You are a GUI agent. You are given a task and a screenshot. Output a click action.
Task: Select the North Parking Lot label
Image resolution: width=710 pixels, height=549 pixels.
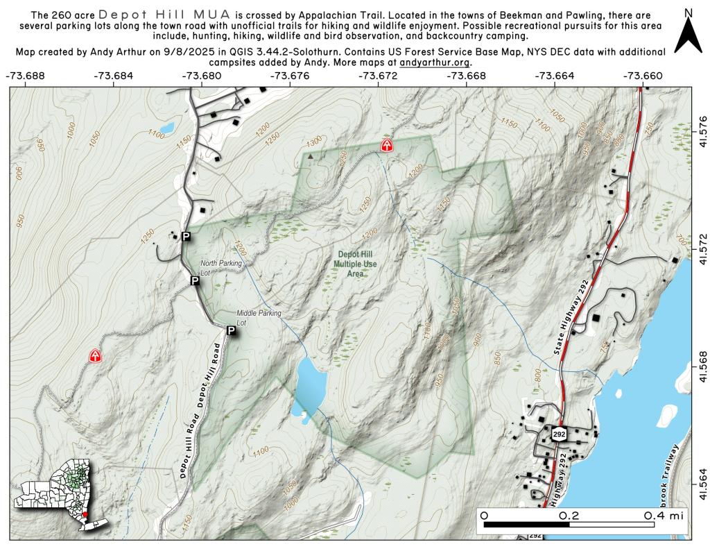tap(221, 268)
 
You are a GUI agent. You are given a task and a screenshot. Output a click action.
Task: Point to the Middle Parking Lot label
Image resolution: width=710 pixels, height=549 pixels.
tap(259, 318)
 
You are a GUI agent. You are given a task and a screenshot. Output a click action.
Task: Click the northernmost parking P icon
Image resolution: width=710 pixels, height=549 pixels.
tap(185, 237)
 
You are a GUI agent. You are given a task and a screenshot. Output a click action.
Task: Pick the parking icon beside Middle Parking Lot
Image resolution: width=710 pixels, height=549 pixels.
tap(231, 332)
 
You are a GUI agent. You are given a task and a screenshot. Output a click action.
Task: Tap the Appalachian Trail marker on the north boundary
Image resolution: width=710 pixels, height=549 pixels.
tap(387, 145)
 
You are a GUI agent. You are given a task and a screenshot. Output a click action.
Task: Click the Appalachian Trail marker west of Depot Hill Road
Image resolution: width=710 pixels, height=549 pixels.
tap(94, 356)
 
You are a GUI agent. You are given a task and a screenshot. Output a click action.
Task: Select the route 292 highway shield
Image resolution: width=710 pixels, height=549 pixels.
tap(560, 434)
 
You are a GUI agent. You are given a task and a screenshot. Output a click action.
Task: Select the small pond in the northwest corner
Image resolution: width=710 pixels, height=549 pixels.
tap(164, 129)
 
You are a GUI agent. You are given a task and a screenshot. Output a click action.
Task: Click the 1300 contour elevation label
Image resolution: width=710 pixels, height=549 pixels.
tap(314, 142)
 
